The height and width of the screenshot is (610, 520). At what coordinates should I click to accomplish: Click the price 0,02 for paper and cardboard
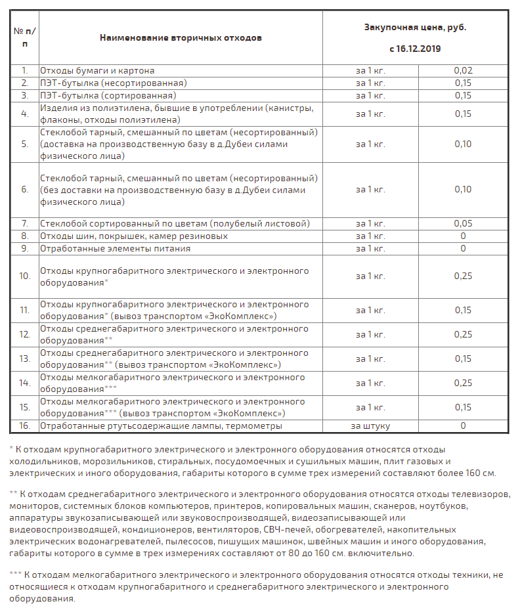click(463, 70)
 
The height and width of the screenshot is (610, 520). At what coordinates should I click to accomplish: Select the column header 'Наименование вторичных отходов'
click(181, 37)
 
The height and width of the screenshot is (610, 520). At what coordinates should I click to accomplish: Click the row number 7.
click(25, 224)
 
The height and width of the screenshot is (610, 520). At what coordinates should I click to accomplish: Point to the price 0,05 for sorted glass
click(463, 224)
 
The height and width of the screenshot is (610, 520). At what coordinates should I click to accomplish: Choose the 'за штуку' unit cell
click(370, 426)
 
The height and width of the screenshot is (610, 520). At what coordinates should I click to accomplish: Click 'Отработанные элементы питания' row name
click(116, 249)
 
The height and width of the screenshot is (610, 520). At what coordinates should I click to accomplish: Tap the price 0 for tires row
click(463, 236)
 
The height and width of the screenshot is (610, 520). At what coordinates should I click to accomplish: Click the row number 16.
click(25, 426)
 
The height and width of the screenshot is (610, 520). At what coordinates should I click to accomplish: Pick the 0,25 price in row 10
click(463, 276)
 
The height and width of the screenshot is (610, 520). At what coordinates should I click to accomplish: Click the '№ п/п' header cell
click(25, 37)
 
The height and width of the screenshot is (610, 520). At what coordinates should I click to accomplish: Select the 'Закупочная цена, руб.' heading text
click(415, 28)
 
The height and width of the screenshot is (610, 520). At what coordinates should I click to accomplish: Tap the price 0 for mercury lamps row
click(463, 426)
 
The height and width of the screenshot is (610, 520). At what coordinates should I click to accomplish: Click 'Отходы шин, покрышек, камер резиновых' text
click(134, 236)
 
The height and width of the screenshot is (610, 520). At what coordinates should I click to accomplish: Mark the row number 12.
click(25, 335)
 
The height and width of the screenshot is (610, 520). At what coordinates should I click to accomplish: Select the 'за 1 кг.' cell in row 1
click(370, 70)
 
